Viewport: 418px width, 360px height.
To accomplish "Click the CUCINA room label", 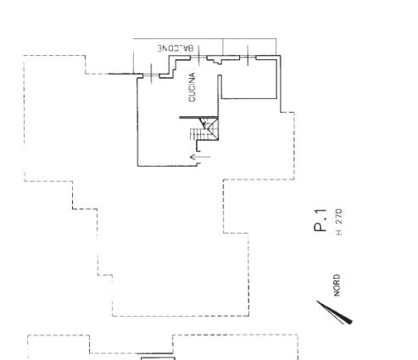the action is pyautogui.click(x=192, y=87).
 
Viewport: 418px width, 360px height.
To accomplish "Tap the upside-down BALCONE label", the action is pyautogui.click(x=176, y=48).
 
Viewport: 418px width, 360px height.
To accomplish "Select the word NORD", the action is pyautogui.click(x=337, y=285).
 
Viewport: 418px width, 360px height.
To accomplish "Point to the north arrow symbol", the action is pyautogui.click(x=335, y=313).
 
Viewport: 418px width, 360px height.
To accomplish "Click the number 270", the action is pyautogui.click(x=339, y=216).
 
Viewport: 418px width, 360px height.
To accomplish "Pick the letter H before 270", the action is pyautogui.click(x=339, y=232).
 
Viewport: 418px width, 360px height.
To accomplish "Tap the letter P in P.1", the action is pyautogui.click(x=320, y=227).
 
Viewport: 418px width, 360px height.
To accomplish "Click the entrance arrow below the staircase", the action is pyautogui.click(x=200, y=157).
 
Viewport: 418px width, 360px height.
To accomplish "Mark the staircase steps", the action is pyautogui.click(x=196, y=134).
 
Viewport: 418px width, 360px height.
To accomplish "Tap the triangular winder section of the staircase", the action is pyautogui.click(x=209, y=126).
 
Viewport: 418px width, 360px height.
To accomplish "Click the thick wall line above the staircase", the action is pyautogui.click(x=199, y=117).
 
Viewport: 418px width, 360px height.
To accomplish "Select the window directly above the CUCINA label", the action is pyautogui.click(x=198, y=57).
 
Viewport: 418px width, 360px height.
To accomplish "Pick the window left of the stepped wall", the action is pyautogui.click(x=151, y=75).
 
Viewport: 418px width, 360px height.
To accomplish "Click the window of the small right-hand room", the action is pyautogui.click(x=248, y=58).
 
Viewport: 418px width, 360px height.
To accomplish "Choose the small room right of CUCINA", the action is pyautogui.click(x=248, y=79).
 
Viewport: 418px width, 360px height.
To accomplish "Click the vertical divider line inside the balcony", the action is pyautogui.click(x=223, y=47).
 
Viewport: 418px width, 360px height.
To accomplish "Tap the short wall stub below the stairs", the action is pyautogui.click(x=198, y=147).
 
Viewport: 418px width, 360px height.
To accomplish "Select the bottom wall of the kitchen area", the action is pyautogui.click(x=169, y=166).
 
